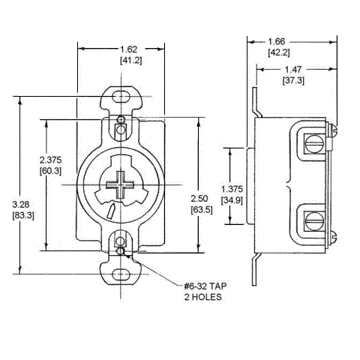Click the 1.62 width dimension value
click(x=120, y=46)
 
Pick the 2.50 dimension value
click(x=199, y=197)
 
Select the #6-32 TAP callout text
click(x=205, y=286)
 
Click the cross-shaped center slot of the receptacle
click(x=120, y=184)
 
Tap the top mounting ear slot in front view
click(x=120, y=97)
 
